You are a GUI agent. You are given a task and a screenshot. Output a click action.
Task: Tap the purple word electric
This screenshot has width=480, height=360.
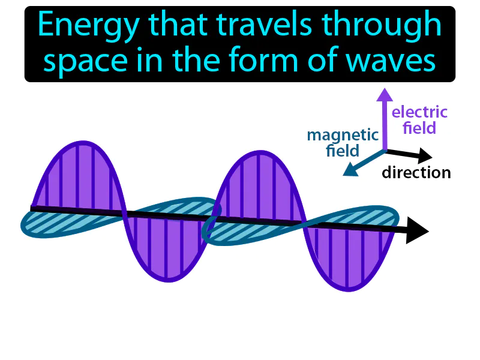coord(419,112)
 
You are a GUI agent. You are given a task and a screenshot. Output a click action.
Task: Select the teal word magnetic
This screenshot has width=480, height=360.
coord(343,135)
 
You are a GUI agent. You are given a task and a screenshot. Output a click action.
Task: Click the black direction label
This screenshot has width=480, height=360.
coord(416,173)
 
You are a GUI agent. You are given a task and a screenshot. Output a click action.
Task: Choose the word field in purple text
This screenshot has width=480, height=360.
coord(419,128)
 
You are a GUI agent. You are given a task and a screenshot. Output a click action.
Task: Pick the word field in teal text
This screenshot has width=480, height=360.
coord(343,151)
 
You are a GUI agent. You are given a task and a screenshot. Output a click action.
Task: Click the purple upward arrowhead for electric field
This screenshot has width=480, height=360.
coord(384,94)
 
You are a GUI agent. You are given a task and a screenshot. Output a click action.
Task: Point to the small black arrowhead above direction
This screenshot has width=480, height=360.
coord(425,156)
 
